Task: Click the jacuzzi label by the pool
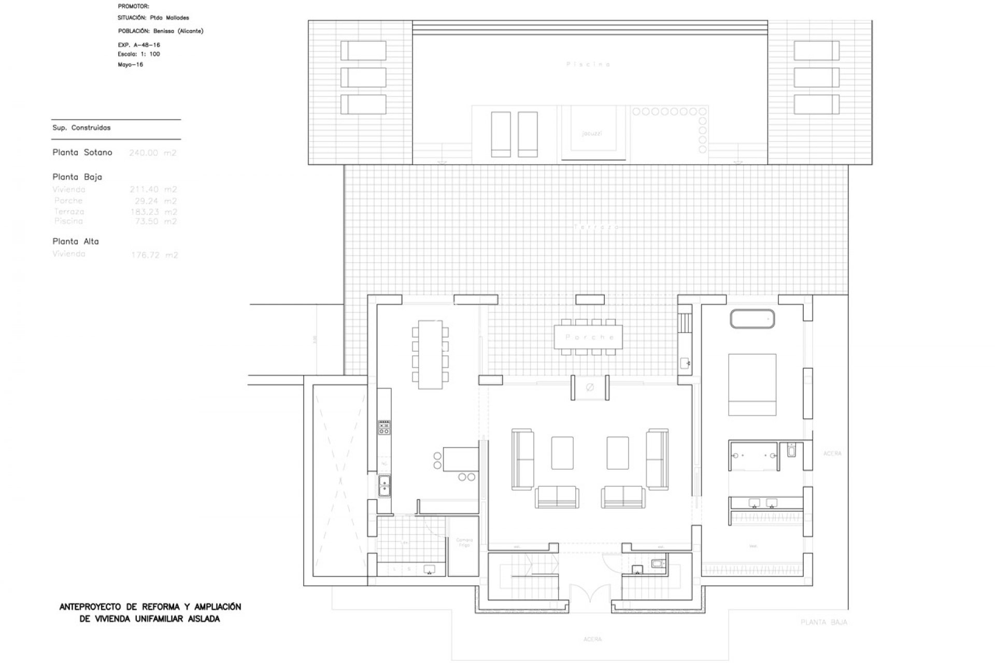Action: (591, 133)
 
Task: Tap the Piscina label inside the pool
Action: (588, 64)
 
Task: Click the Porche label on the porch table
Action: (590, 337)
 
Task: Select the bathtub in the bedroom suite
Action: (752, 319)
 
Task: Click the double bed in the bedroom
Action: (752, 384)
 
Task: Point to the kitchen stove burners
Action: (384, 427)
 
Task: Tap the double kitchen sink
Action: (384, 485)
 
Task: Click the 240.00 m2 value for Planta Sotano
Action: (152, 153)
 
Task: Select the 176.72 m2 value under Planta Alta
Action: (154, 255)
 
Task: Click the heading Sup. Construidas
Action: (81, 128)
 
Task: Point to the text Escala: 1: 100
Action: (139, 54)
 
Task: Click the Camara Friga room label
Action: (464, 542)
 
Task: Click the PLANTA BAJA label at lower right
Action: (823, 622)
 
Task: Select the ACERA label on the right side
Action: (832, 454)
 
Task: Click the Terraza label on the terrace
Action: (596, 227)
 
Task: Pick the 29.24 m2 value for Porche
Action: (153, 201)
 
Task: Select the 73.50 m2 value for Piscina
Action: (153, 221)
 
